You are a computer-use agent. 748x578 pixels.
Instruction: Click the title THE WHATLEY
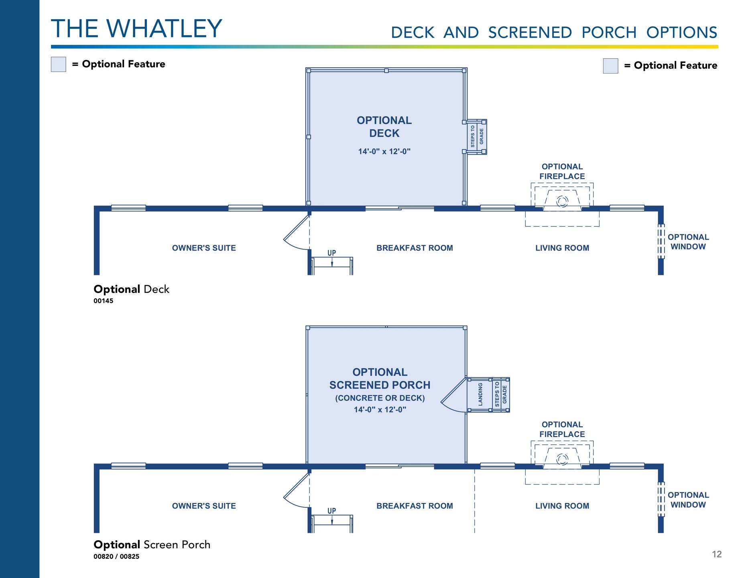click(x=136, y=28)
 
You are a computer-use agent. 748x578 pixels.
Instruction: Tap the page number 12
click(x=717, y=554)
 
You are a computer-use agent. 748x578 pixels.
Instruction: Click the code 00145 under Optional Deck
click(x=104, y=301)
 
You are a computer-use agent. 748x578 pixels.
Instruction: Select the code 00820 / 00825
click(x=116, y=556)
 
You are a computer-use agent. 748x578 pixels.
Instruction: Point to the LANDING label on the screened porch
click(x=480, y=394)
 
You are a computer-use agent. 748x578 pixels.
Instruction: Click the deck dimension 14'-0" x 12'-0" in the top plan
click(x=384, y=151)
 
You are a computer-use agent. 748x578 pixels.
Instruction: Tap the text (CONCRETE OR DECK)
click(x=380, y=398)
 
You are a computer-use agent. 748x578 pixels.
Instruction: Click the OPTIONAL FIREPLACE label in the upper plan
click(x=562, y=171)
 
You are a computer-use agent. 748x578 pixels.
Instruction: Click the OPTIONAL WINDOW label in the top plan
click(x=688, y=242)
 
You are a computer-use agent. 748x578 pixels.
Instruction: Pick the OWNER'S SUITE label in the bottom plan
click(x=204, y=506)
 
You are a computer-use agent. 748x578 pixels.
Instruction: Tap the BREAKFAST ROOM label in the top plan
click(x=415, y=248)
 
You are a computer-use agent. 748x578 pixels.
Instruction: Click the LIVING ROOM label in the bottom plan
click(x=562, y=506)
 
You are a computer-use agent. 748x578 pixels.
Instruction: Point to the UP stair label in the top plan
click(x=331, y=253)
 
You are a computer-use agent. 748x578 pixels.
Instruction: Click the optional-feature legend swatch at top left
click(x=59, y=64)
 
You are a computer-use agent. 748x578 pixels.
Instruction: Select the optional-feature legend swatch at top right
click(x=610, y=66)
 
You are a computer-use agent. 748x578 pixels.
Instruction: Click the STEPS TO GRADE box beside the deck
click(x=477, y=137)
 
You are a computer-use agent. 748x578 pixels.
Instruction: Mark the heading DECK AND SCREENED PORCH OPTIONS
click(x=554, y=33)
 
